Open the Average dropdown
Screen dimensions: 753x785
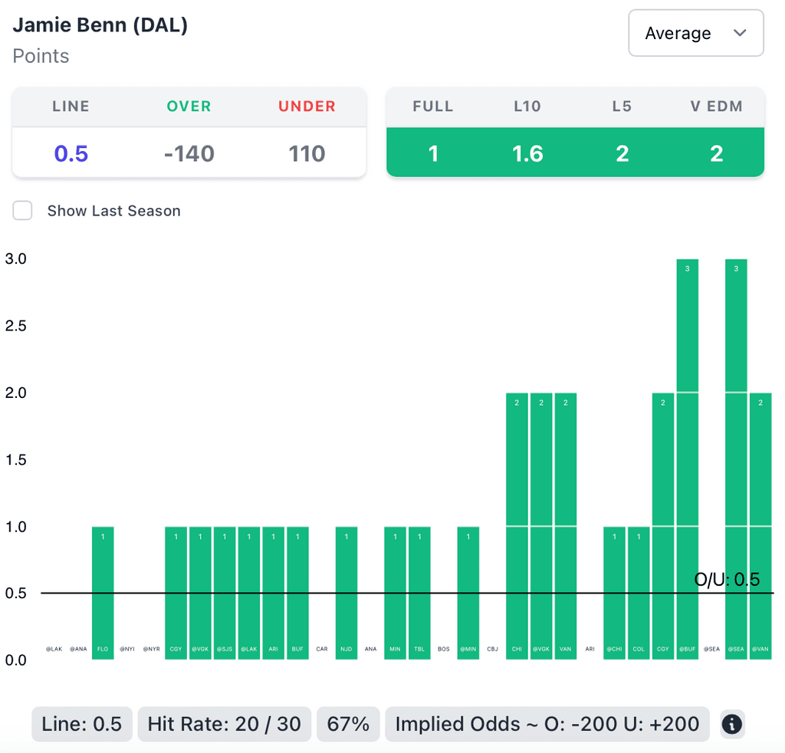[x=695, y=33]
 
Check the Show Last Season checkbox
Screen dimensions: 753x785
[x=22, y=211]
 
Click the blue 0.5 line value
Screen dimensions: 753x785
[x=71, y=154]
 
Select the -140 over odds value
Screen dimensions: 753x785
[x=189, y=154]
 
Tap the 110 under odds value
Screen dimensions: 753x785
[x=307, y=154]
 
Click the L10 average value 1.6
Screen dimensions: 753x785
[x=527, y=154]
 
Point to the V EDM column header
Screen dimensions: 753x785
[x=716, y=107]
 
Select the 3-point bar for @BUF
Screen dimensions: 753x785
[x=688, y=460]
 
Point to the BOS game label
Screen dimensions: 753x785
[x=444, y=649]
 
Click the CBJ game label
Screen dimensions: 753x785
[x=492, y=649]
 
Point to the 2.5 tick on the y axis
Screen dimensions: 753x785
[x=16, y=326]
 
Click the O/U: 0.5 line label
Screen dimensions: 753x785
[x=727, y=580]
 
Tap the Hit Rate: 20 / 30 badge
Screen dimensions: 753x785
[x=224, y=724]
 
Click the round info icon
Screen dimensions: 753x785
[x=732, y=724]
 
